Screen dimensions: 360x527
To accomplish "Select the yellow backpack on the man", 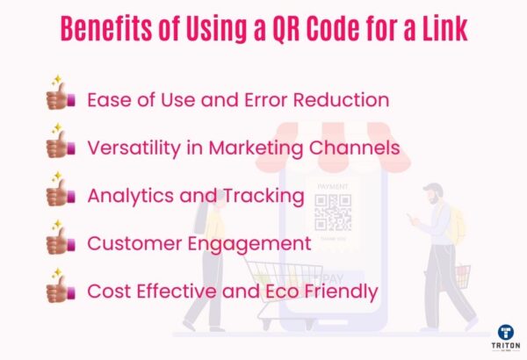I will click(455, 229).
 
